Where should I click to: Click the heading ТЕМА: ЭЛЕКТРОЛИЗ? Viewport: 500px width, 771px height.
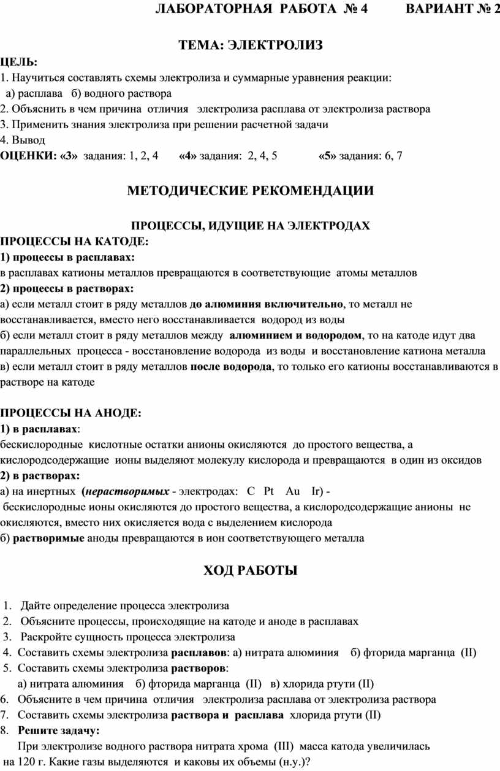[249, 45]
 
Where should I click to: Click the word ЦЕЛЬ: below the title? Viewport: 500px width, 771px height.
[18, 62]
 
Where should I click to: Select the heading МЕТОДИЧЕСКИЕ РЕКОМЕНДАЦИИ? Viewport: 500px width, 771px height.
[249, 190]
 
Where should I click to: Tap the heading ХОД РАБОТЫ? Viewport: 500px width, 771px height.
[249, 571]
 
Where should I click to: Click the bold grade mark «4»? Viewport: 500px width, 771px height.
[187, 156]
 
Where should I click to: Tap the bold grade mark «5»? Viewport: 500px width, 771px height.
[328, 156]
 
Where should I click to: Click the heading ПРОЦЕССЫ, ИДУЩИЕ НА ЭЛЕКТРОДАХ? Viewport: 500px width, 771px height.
[251, 226]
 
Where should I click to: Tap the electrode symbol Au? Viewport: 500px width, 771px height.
[293, 491]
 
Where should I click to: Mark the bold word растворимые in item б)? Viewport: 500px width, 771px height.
[48, 539]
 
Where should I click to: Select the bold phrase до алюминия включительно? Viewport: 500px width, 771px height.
[267, 304]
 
